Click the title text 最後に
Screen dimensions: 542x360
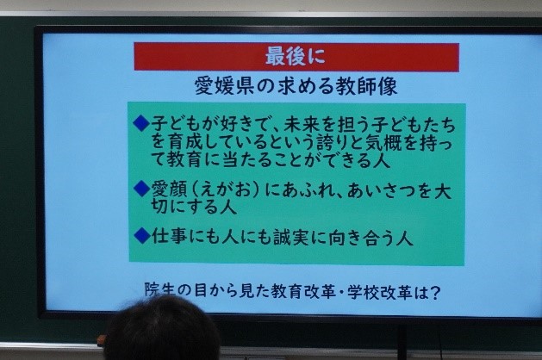click(296, 56)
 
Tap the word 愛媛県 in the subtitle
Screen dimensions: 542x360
click(224, 85)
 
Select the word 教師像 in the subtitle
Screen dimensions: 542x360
click(366, 85)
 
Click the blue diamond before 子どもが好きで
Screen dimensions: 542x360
click(140, 123)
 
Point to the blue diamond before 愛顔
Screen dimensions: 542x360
click(141, 189)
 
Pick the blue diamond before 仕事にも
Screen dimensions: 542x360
click(141, 235)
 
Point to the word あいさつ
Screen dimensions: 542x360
click(381, 190)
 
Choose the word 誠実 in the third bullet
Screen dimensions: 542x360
click(291, 237)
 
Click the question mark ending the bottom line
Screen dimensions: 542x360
click(435, 293)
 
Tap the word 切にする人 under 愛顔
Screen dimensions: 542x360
click(194, 206)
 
